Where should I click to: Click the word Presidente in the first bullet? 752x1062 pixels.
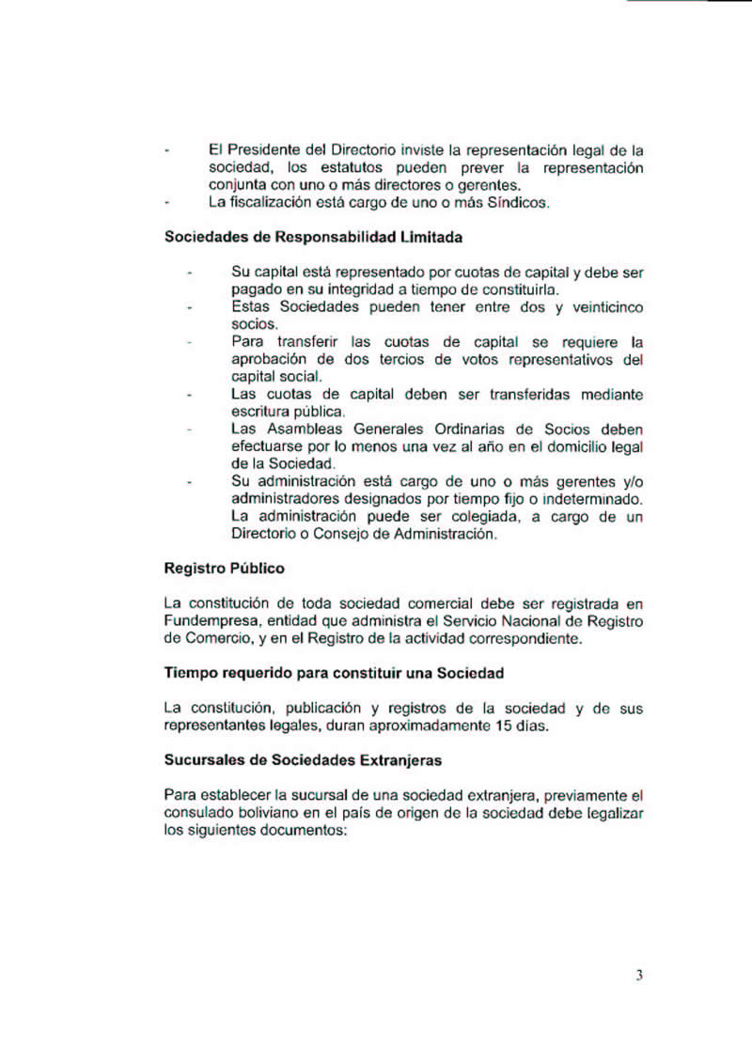pyautogui.click(x=262, y=149)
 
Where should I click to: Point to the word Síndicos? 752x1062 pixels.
pyautogui.click(x=516, y=202)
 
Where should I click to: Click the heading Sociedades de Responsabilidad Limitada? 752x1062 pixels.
pyautogui.click(x=313, y=238)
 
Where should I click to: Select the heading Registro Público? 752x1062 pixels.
pyautogui.click(x=224, y=569)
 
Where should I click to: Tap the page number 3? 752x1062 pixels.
pyautogui.click(x=639, y=976)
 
